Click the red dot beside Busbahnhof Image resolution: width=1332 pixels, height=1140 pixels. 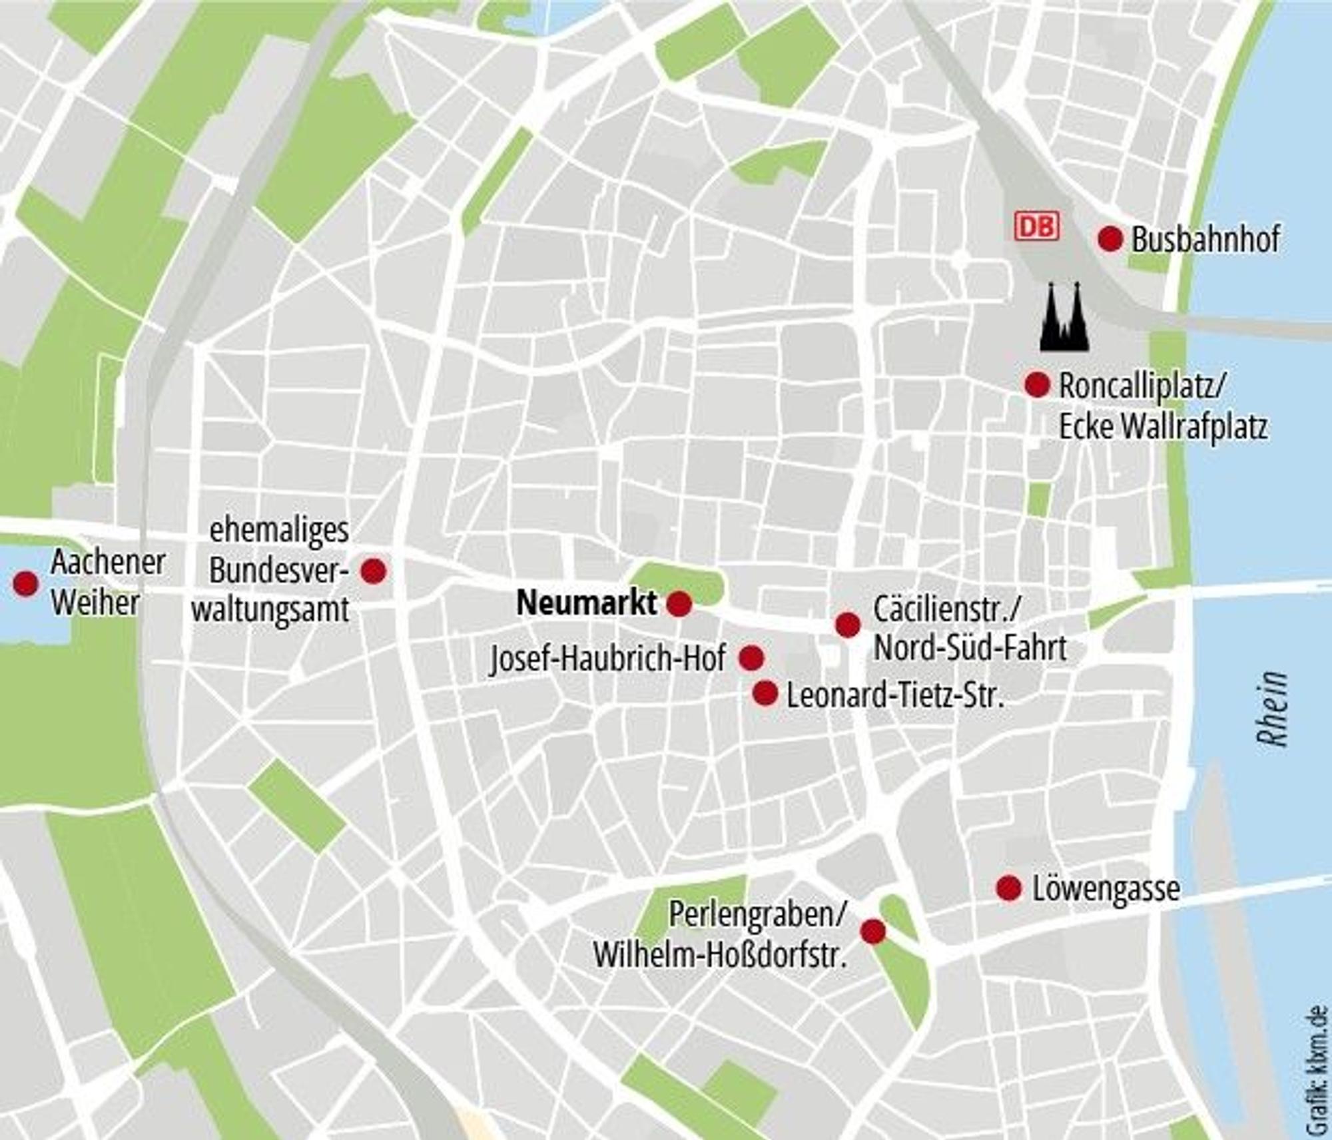coord(1110,238)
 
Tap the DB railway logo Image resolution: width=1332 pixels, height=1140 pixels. coord(1037,226)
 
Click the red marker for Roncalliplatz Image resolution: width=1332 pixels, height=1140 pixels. coord(1037,384)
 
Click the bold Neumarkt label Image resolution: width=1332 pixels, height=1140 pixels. coord(587,603)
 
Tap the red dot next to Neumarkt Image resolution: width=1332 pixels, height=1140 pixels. coord(679,604)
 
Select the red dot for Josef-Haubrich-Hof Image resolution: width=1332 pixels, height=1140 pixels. coord(751,658)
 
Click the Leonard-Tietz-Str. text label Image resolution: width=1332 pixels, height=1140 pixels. coord(895,696)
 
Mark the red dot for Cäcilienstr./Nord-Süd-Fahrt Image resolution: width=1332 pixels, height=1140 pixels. coord(848,625)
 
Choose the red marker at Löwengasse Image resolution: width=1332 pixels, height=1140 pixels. coord(1009,888)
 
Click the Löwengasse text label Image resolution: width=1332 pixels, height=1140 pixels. coord(1106,889)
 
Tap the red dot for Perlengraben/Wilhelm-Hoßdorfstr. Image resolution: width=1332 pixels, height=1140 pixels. coord(873,931)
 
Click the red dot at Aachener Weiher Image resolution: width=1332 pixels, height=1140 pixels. coord(26,583)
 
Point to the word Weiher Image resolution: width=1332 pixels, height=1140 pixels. coord(95,603)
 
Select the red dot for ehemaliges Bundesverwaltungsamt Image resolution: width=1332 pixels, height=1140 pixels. coord(373,571)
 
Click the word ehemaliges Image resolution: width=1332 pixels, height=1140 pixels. coord(279,531)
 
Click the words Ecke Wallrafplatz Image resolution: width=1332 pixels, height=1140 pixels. coord(1163,427)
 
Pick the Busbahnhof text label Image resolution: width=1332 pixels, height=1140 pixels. coord(1205,240)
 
